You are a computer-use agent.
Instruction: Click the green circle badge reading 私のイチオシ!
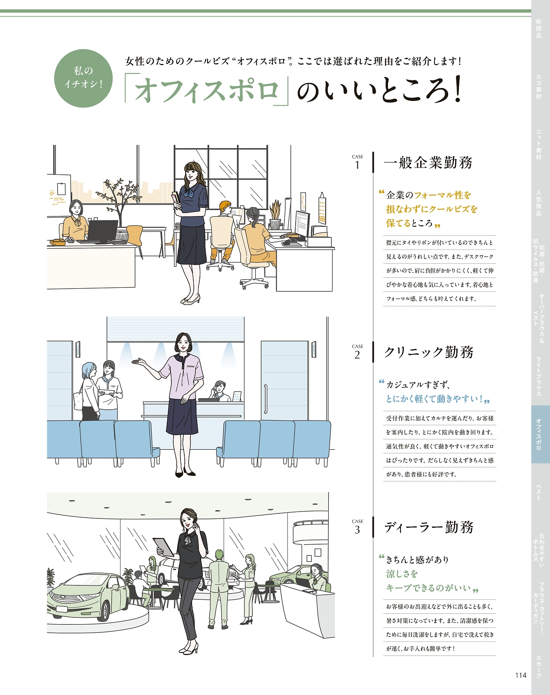pyautogui.click(x=83, y=78)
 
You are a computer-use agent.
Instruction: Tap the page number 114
pyautogui.click(x=521, y=675)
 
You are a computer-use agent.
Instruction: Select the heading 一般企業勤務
pyautogui.click(x=428, y=162)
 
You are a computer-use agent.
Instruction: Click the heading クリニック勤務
pyautogui.click(x=428, y=352)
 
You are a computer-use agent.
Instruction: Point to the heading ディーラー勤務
pyautogui.click(x=428, y=527)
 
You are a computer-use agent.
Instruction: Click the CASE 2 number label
pyautogui.click(x=357, y=352)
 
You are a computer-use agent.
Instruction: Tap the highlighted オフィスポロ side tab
pyautogui.click(x=540, y=434)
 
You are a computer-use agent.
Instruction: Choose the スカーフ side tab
pyautogui.click(x=539, y=666)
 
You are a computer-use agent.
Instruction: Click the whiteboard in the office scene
pyautogui.click(x=59, y=196)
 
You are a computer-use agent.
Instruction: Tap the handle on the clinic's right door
pyautogui.click(x=265, y=399)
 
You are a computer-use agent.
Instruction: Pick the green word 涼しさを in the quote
pyautogui.click(x=402, y=574)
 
